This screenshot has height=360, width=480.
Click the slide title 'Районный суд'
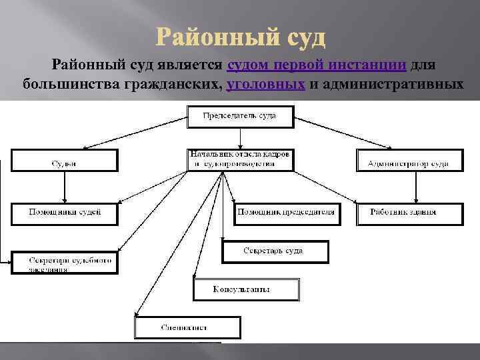(241, 37)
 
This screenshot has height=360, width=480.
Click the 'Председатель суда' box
(239, 117)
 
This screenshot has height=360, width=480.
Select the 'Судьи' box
(64, 160)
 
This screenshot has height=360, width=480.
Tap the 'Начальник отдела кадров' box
(240, 159)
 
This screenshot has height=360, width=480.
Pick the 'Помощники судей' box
(65, 213)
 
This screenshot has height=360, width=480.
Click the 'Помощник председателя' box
(285, 213)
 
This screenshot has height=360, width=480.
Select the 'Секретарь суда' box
(275, 251)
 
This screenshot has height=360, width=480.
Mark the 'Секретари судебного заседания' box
(65, 263)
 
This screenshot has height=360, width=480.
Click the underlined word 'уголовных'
(266, 85)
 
